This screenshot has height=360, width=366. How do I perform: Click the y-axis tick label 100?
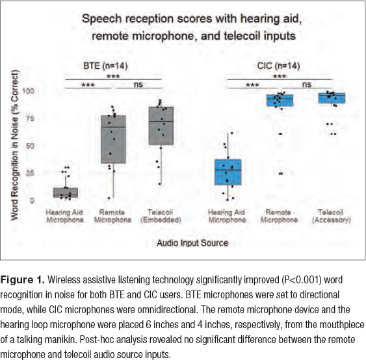click(x=28, y=91)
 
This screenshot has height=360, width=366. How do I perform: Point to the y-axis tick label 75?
click(x=30, y=118)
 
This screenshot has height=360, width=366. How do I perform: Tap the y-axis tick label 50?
click(x=30, y=146)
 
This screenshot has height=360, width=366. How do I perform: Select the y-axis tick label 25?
click(x=30, y=173)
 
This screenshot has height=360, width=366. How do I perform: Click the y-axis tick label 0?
click(x=32, y=201)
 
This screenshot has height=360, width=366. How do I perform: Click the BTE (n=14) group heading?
click(x=105, y=66)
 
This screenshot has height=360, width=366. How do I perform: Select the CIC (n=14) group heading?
click(x=278, y=66)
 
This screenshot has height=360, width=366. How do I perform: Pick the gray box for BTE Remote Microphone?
click(x=113, y=139)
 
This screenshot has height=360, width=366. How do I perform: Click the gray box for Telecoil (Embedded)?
click(x=161, y=126)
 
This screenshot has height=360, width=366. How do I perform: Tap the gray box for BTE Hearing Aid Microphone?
click(x=66, y=192)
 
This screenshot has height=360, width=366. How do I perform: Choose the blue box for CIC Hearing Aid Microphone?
click(x=228, y=172)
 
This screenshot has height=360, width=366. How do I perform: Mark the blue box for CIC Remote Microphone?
click(x=280, y=100)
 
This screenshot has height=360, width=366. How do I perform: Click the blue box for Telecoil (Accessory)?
click(x=332, y=98)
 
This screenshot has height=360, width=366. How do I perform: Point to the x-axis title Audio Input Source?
click(x=192, y=243)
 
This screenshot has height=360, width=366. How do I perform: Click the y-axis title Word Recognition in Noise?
click(x=14, y=146)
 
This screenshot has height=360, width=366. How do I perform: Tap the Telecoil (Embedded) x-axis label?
click(x=161, y=216)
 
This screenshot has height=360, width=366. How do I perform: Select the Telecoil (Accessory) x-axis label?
click(x=332, y=216)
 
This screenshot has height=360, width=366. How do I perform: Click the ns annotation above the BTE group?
click(x=138, y=84)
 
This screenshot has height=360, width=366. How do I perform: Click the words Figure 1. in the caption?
click(x=22, y=279)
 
